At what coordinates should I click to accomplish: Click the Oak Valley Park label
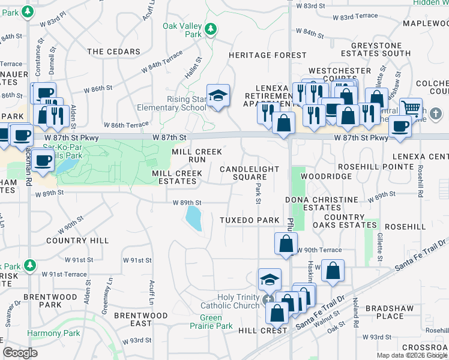coord(182,30)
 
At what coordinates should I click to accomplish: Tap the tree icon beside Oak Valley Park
coord(211,29)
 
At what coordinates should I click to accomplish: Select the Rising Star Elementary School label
coord(181,103)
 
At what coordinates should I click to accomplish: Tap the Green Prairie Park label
coord(215,322)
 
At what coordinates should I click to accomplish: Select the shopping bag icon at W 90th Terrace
coord(286,244)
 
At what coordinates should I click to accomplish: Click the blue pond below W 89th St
coord(194,218)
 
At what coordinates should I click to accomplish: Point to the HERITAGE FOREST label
coord(267,55)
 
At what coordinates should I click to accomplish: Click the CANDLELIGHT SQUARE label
coord(243,173)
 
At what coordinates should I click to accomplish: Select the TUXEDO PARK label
coord(250,220)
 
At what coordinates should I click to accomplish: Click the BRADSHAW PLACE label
coord(389,312)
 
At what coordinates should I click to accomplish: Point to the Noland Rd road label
coord(355,322)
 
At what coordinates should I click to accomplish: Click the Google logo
coord(20,353)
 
